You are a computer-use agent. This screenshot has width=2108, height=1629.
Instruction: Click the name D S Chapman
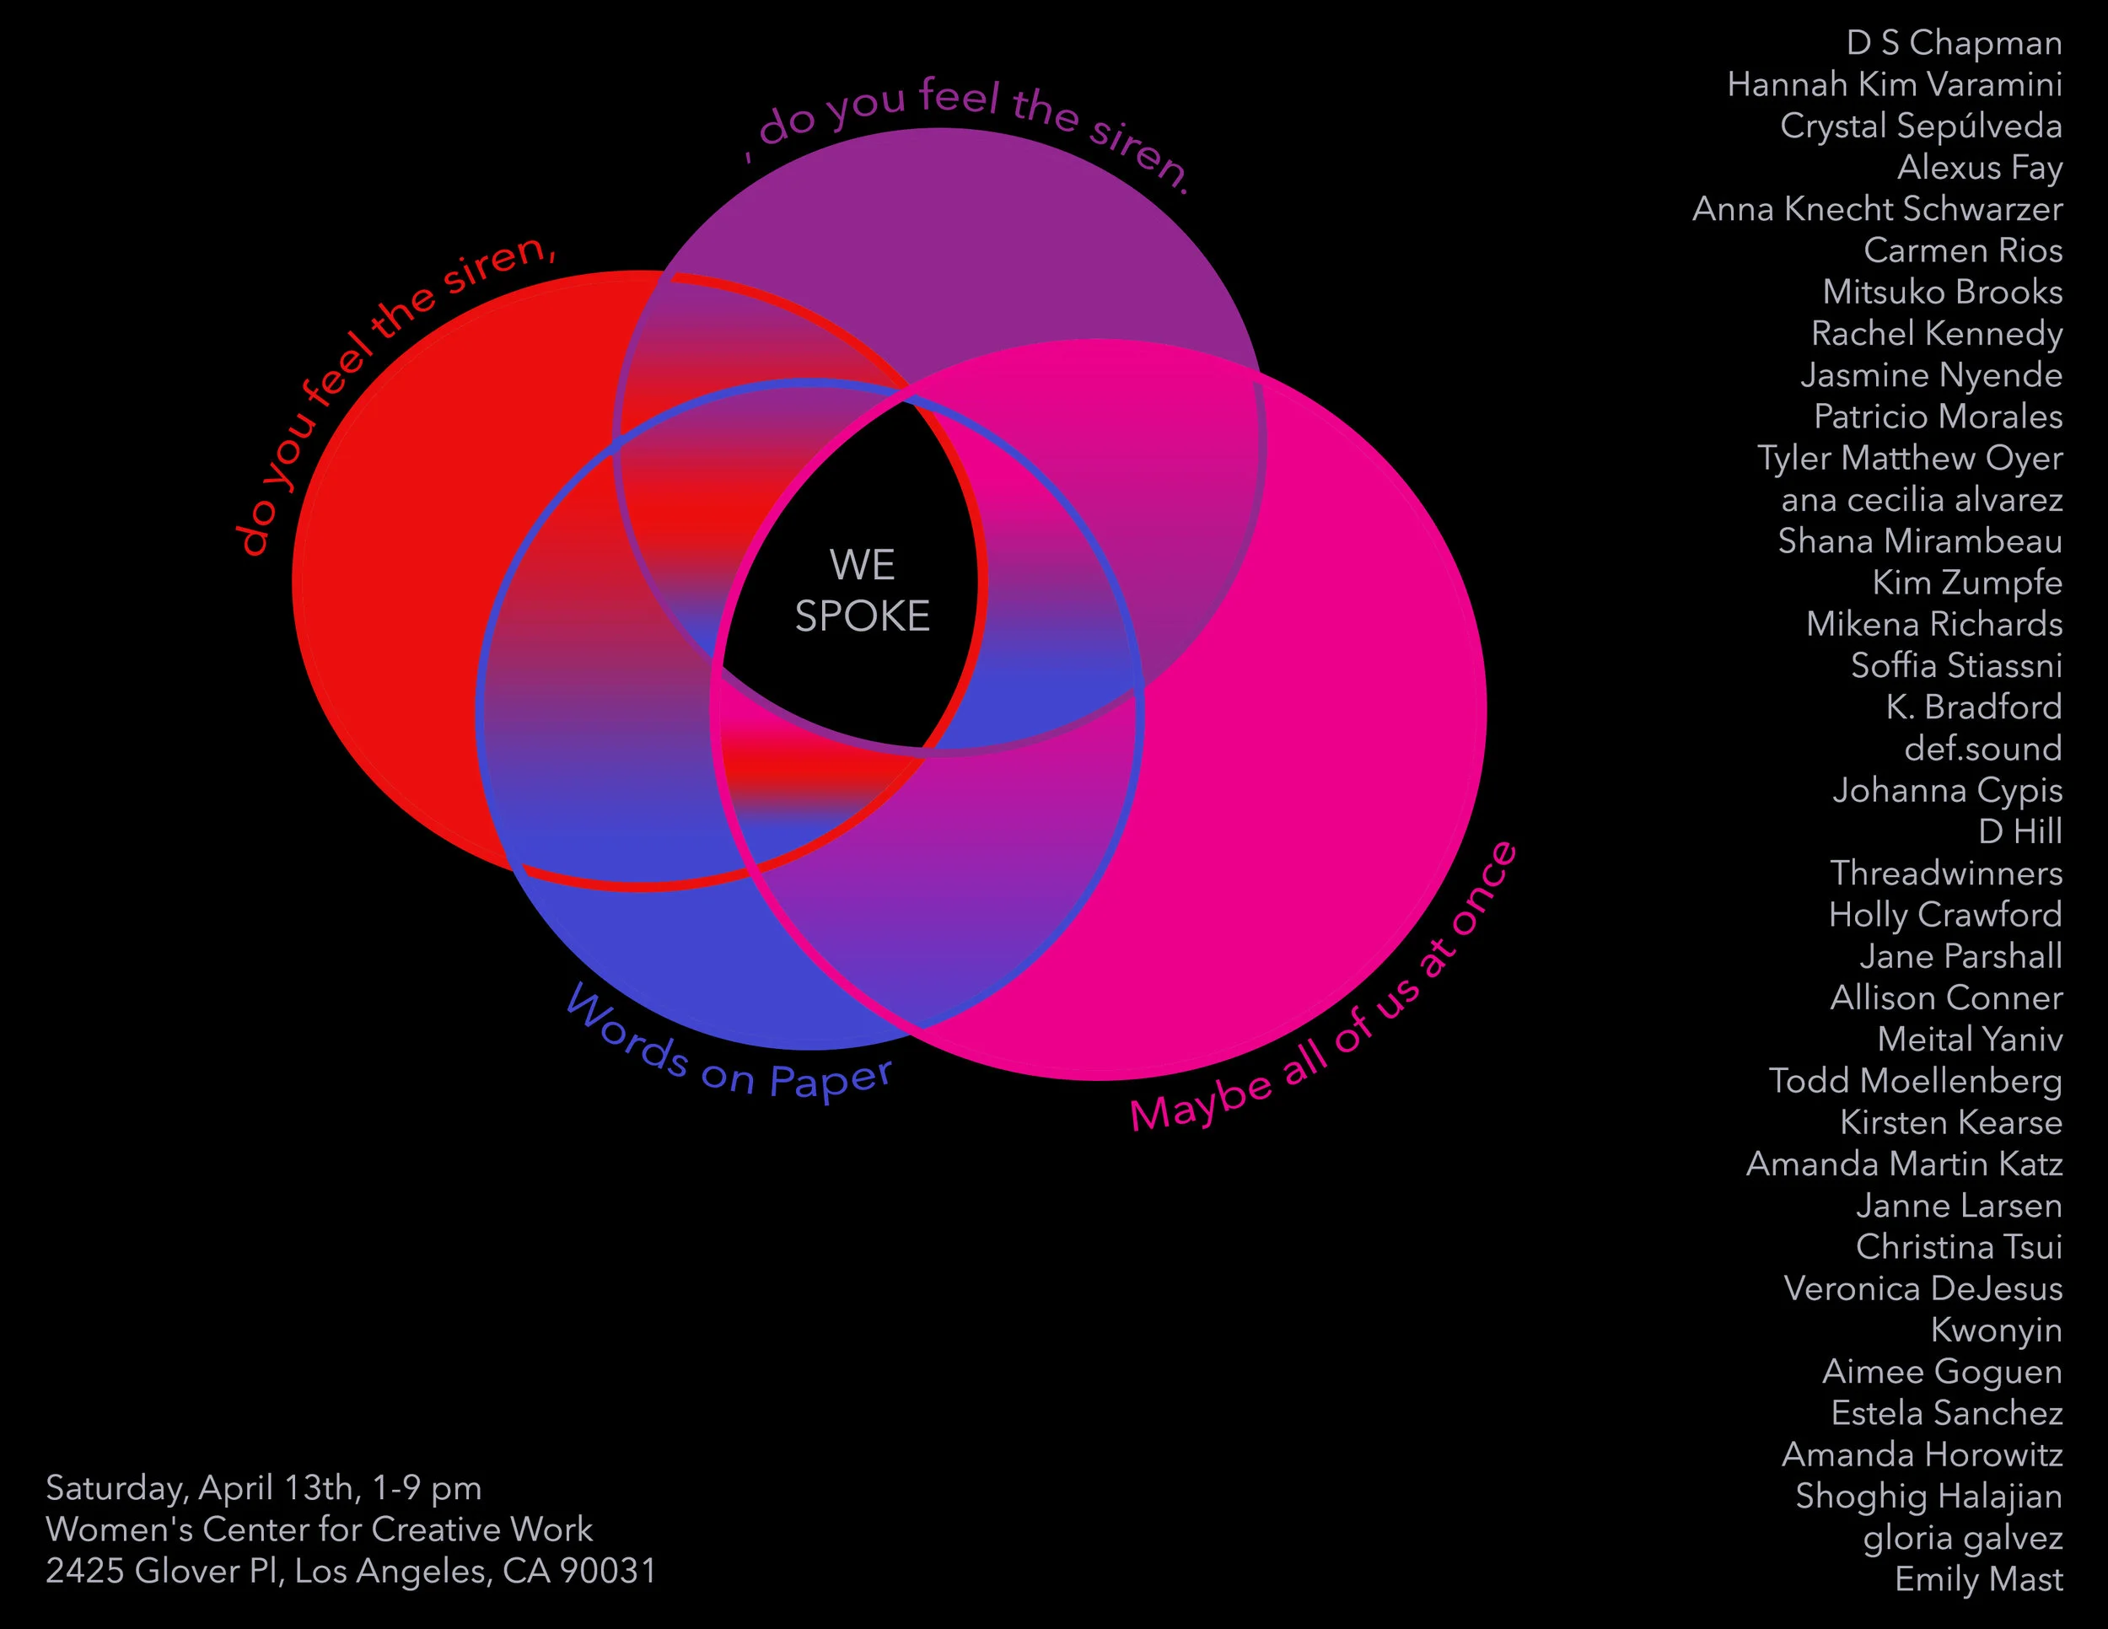pyautogui.click(x=1954, y=44)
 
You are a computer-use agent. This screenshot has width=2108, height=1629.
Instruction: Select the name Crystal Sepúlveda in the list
pyautogui.click(x=1921, y=126)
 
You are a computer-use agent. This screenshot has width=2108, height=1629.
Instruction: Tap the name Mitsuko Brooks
pyautogui.click(x=1942, y=293)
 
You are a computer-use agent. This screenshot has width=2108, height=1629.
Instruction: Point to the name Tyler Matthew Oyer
pyautogui.click(x=1909, y=459)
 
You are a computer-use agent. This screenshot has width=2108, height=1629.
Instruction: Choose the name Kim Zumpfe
pyautogui.click(x=1967, y=583)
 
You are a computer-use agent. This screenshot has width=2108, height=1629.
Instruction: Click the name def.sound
pyautogui.click(x=1982, y=749)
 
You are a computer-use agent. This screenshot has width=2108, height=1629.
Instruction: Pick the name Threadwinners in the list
pyautogui.click(x=1946, y=874)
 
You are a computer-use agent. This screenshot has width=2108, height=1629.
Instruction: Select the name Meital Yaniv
pyautogui.click(x=1969, y=1040)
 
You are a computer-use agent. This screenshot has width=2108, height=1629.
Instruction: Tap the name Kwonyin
pyautogui.click(x=1996, y=1331)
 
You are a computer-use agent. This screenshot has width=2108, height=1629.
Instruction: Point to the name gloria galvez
pyautogui.click(x=1962, y=1538)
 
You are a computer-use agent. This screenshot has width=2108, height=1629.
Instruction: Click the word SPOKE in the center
pyautogui.click(x=862, y=616)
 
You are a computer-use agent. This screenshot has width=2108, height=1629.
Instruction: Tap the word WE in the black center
pyautogui.click(x=862, y=566)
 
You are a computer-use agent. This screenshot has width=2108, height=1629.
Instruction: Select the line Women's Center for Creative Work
pyautogui.click(x=320, y=1530)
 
